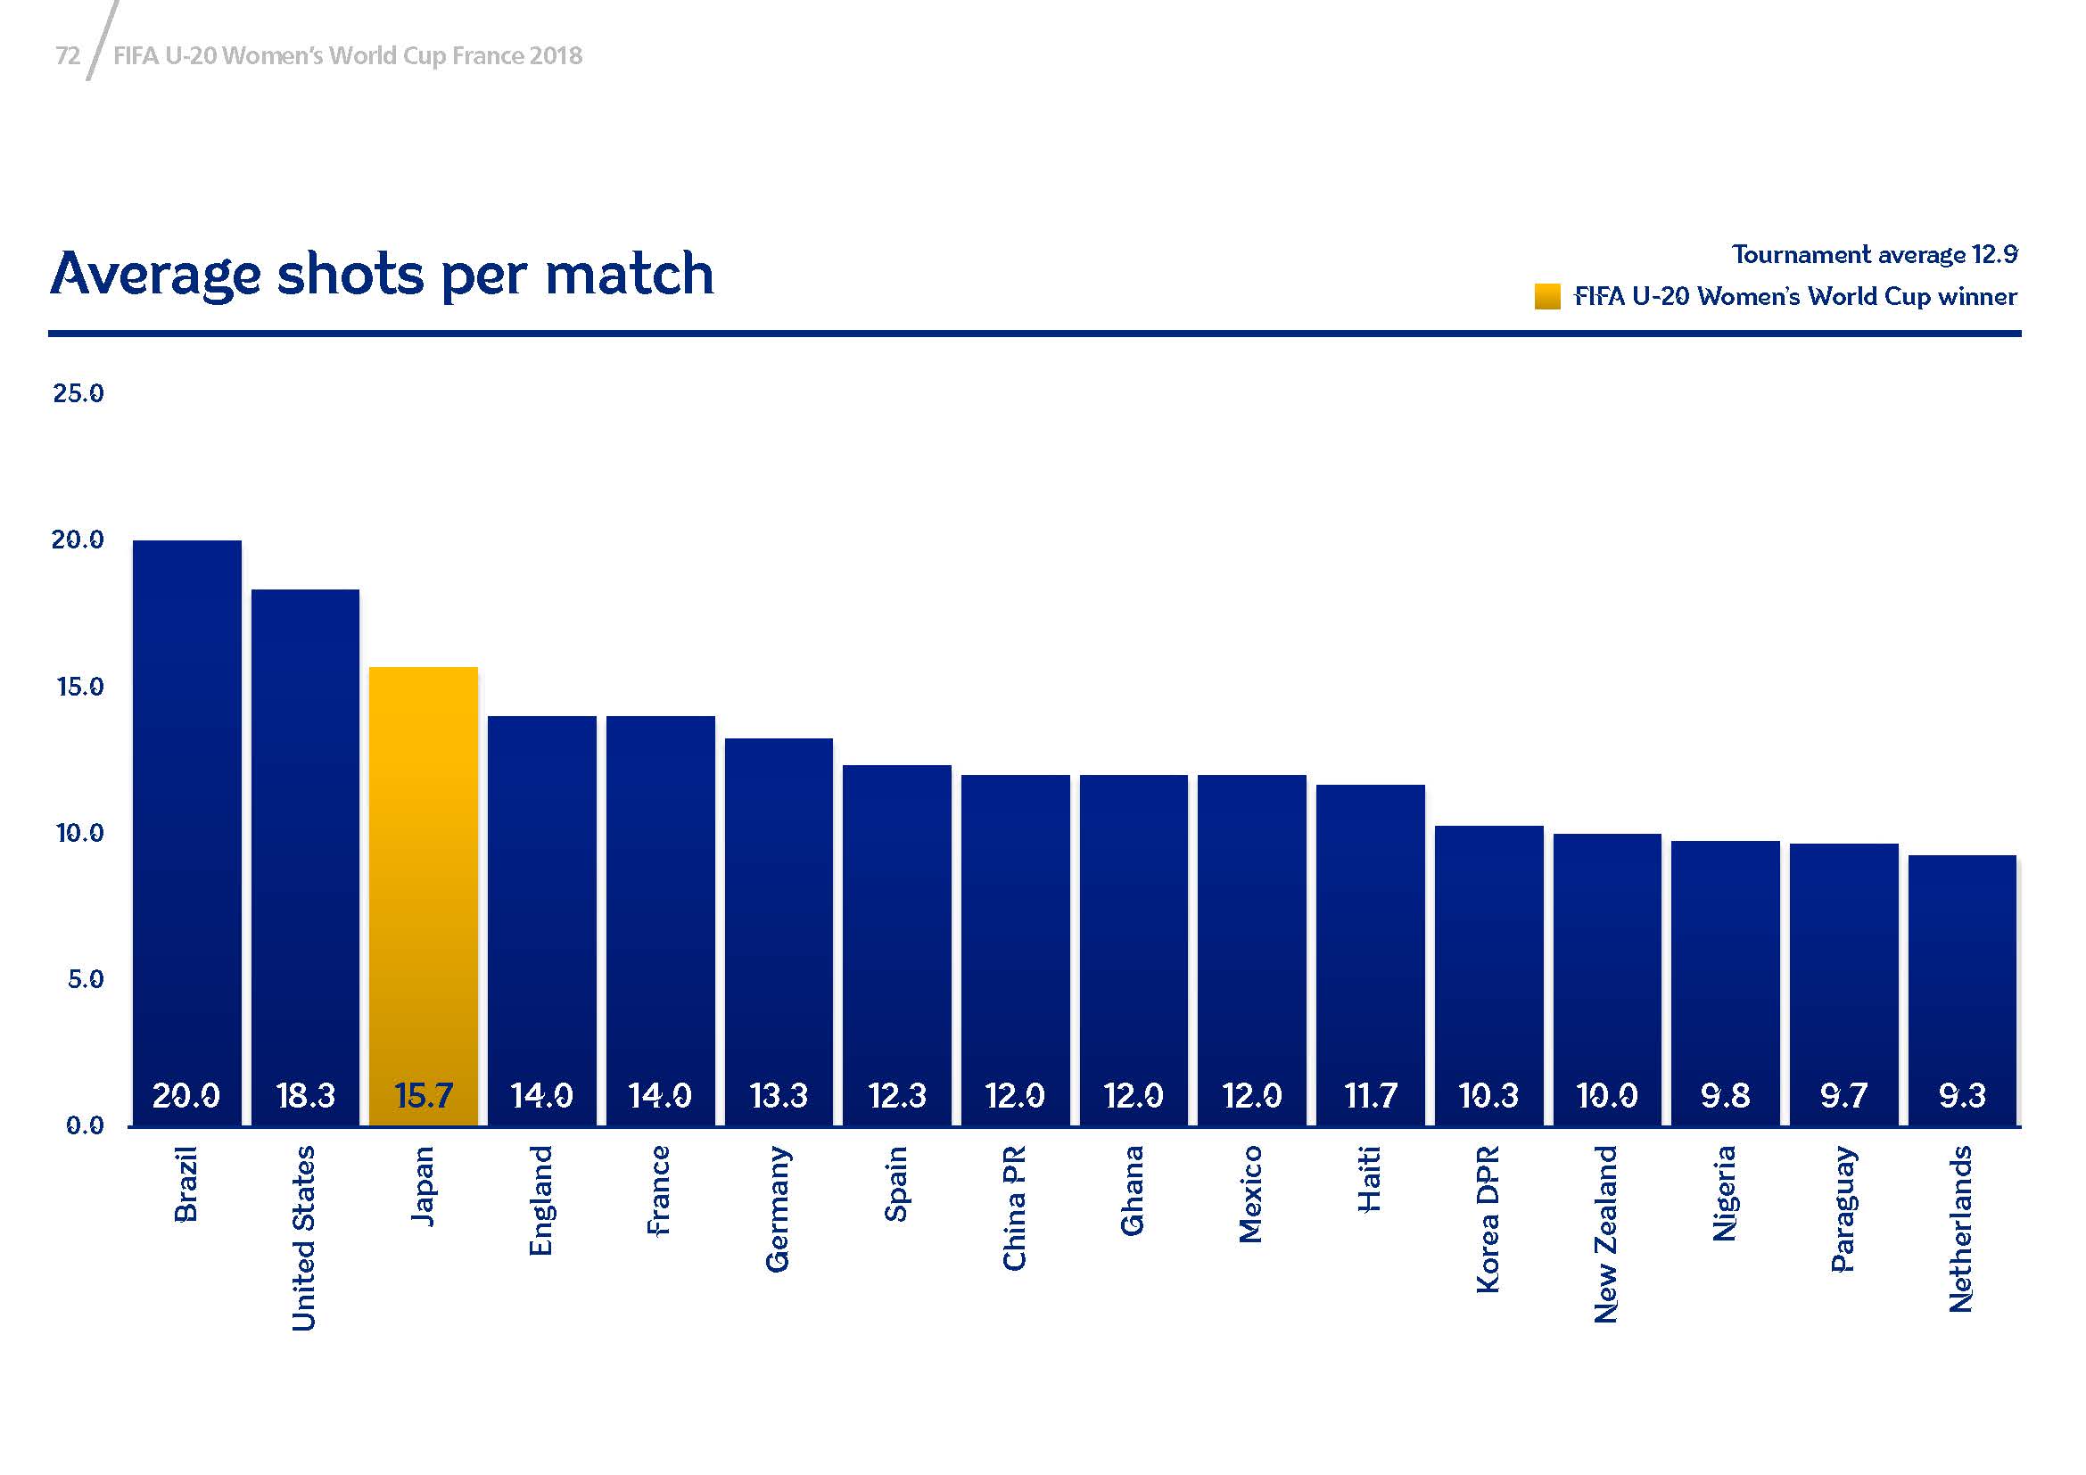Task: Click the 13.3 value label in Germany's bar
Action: (x=779, y=1096)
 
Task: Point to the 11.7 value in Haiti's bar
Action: (x=1370, y=1096)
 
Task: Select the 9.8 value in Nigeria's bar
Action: (x=1726, y=1096)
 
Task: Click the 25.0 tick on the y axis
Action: (x=78, y=393)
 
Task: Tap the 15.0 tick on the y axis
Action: (x=80, y=687)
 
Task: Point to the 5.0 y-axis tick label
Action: (x=86, y=979)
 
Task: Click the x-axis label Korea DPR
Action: (x=1488, y=1219)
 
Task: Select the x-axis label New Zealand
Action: (x=1606, y=1233)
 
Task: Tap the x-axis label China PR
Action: (x=1015, y=1208)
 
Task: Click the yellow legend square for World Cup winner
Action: (x=1547, y=297)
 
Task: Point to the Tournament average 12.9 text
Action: (x=1875, y=254)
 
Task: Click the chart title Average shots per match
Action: (x=382, y=274)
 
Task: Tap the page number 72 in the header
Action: (x=68, y=56)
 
